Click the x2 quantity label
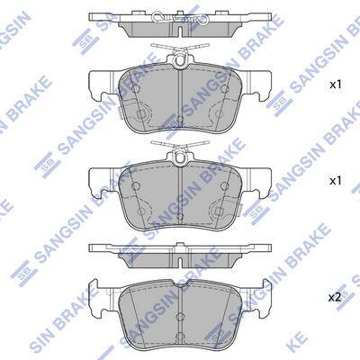pos(335,297)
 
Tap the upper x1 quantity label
pos(336,85)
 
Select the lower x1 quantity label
pos(336,181)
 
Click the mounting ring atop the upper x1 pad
pos(180,61)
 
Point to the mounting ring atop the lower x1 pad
pos(180,157)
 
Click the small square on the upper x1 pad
pos(141,114)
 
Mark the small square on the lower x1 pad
pos(219,211)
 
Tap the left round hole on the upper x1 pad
pos(136,88)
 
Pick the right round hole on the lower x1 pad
pos(224,185)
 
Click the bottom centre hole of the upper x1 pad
pos(180,119)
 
